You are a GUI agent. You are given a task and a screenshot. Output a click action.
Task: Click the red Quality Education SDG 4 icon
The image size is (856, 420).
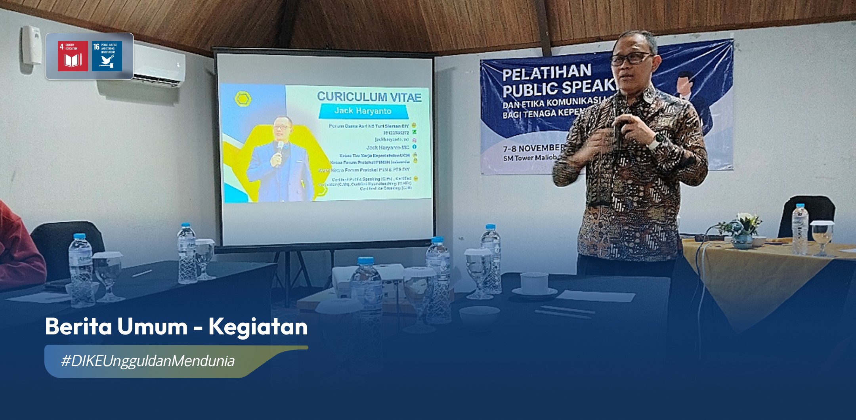(x=73, y=56)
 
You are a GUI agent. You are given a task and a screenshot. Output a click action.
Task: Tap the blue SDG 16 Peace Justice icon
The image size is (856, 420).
(x=107, y=56)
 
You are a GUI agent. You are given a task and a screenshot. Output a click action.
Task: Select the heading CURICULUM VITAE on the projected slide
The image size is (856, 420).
(x=369, y=97)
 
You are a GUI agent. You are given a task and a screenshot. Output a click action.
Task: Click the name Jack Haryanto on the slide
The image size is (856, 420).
(x=363, y=111)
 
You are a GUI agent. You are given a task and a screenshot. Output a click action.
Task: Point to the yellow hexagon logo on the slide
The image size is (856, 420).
(x=243, y=99)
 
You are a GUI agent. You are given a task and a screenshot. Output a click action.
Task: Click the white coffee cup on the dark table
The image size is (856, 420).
(x=534, y=283)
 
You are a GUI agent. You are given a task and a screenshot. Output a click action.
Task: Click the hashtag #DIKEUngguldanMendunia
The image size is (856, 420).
(x=147, y=361)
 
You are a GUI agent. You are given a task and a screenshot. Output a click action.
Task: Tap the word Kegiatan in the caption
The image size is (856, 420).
(x=258, y=327)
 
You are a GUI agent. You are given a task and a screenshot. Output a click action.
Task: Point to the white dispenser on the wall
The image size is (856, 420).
(x=32, y=44)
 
